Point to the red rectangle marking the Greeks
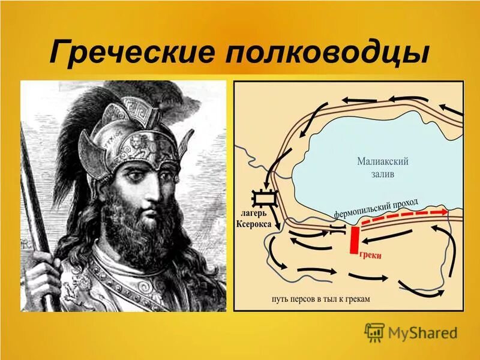point(355,239)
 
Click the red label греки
point(370,255)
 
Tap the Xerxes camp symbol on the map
point(264,198)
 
